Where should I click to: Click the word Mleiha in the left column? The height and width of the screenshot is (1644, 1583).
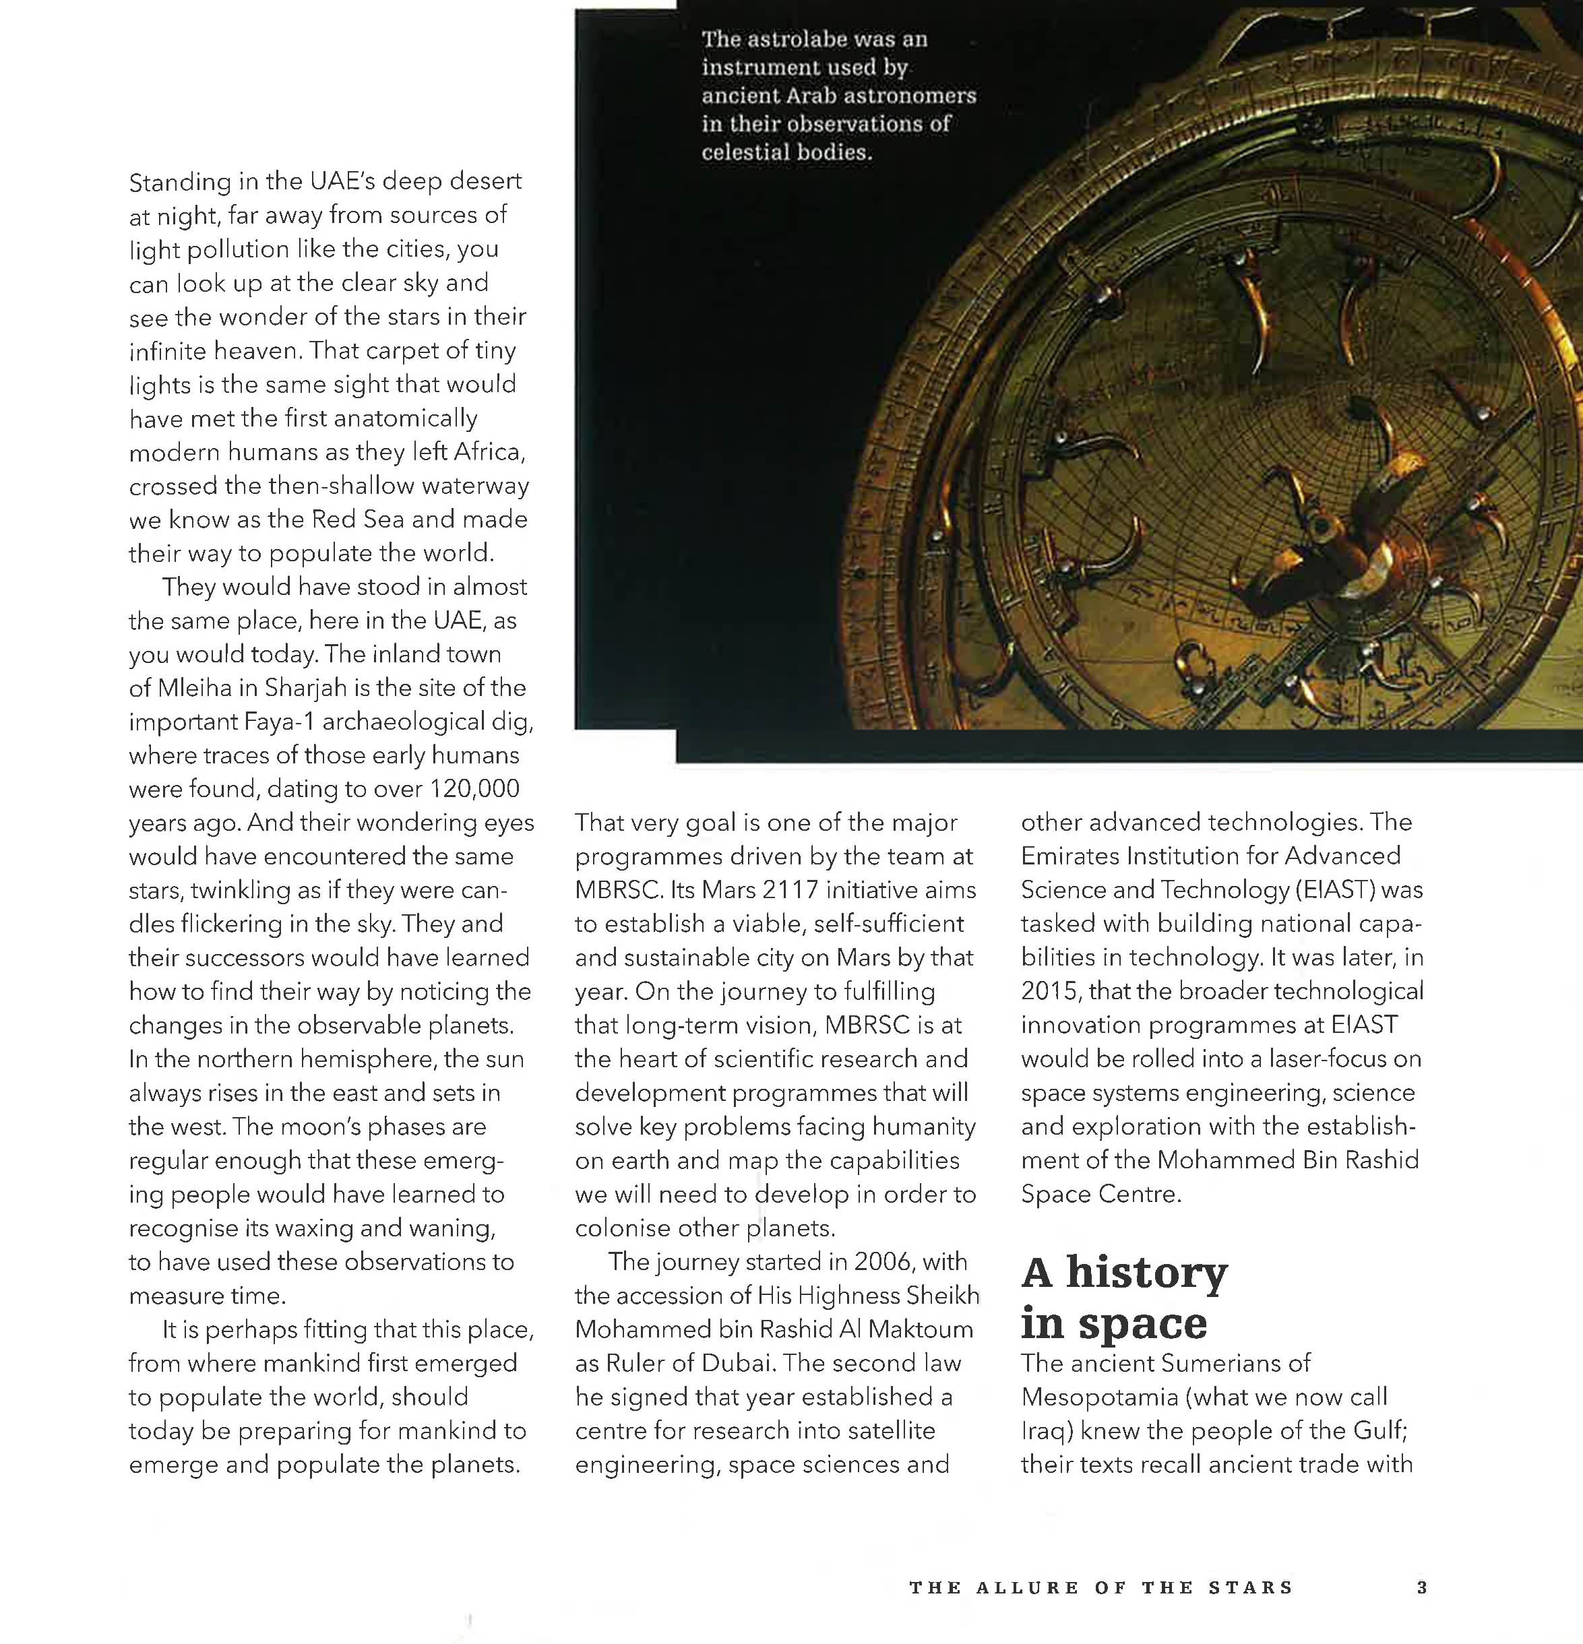194,688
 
